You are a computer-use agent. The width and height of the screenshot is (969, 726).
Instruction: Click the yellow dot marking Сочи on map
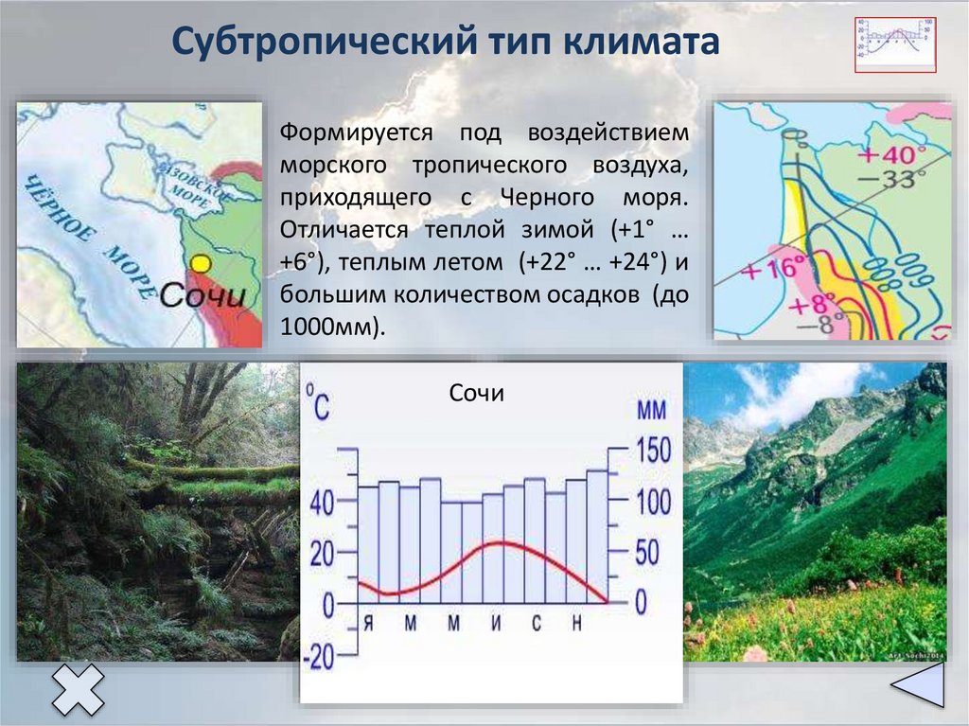(200, 262)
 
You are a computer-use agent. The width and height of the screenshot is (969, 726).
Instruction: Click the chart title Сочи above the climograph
(477, 393)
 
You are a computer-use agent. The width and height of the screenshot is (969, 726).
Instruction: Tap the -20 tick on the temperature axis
(320, 657)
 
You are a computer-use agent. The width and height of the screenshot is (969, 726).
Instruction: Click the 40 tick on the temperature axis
(323, 503)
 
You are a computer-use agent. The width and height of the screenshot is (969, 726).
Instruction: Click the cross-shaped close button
(78, 688)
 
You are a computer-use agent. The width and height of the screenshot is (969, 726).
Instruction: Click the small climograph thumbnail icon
(895, 43)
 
